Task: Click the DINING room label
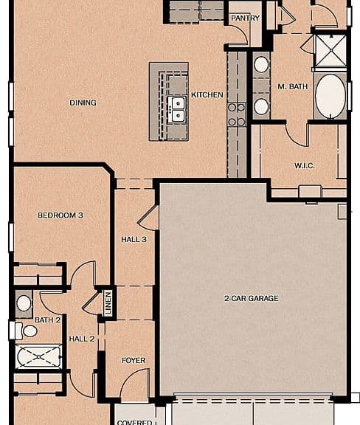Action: click(83, 103)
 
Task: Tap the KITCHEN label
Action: click(207, 95)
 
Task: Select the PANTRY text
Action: click(245, 18)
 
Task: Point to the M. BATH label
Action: click(293, 86)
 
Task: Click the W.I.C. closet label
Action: click(305, 165)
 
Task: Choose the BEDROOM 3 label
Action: click(60, 215)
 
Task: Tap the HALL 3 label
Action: click(134, 239)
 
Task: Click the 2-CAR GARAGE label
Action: click(252, 298)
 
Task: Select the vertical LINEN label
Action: click(108, 303)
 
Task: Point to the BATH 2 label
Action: click(47, 320)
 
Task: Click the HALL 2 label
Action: click(82, 339)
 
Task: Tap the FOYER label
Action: click(134, 361)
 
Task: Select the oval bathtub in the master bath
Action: click(330, 96)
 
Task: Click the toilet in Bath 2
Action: click(26, 331)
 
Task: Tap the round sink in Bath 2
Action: click(24, 303)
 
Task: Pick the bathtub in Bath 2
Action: click(38, 356)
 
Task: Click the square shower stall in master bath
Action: click(331, 50)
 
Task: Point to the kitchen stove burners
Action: click(236, 115)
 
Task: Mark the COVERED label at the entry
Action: click(134, 422)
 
